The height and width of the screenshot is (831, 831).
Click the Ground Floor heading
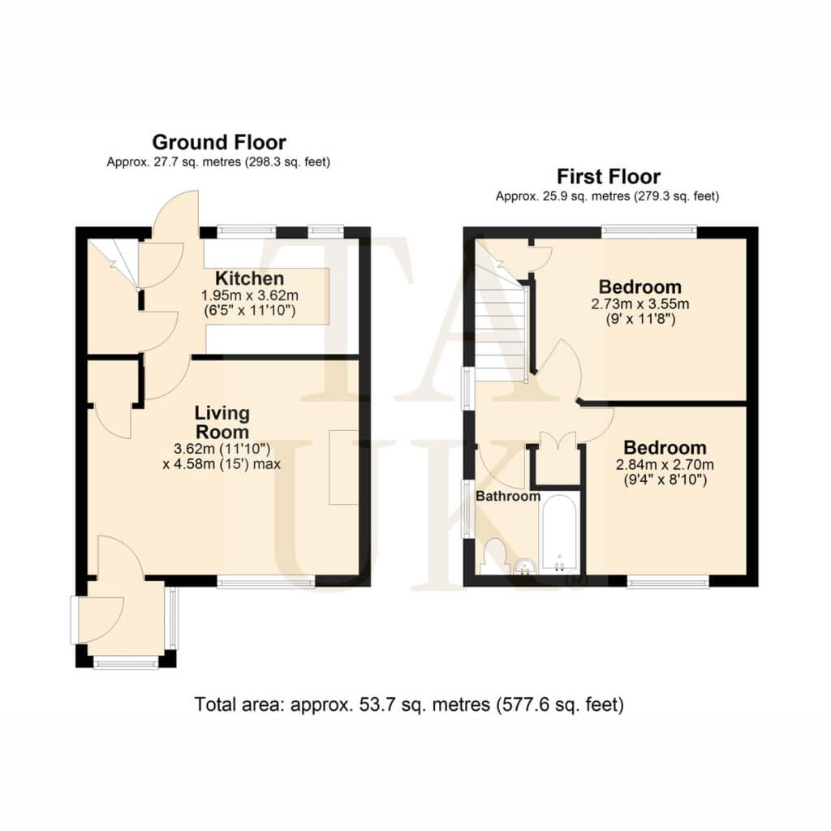(219, 142)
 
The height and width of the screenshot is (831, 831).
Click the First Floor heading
(609, 176)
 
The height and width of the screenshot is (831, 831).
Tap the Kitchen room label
(250, 278)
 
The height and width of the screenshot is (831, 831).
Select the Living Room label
(222, 422)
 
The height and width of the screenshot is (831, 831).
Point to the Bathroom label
(508, 496)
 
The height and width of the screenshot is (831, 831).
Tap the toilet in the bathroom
(494, 557)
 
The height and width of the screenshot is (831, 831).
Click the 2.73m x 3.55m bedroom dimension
(639, 304)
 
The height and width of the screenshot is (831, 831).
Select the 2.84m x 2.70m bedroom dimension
(665, 465)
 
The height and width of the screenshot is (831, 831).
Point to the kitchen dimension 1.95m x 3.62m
(250, 295)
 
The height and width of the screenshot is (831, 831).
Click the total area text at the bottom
(409, 704)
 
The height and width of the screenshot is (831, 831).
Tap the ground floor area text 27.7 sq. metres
(218, 161)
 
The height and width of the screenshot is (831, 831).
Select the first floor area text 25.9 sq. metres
(607, 196)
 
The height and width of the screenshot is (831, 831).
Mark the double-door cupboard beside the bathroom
(558, 459)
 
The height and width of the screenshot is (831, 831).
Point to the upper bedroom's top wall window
(649, 231)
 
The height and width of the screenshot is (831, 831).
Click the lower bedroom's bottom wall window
(669, 582)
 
